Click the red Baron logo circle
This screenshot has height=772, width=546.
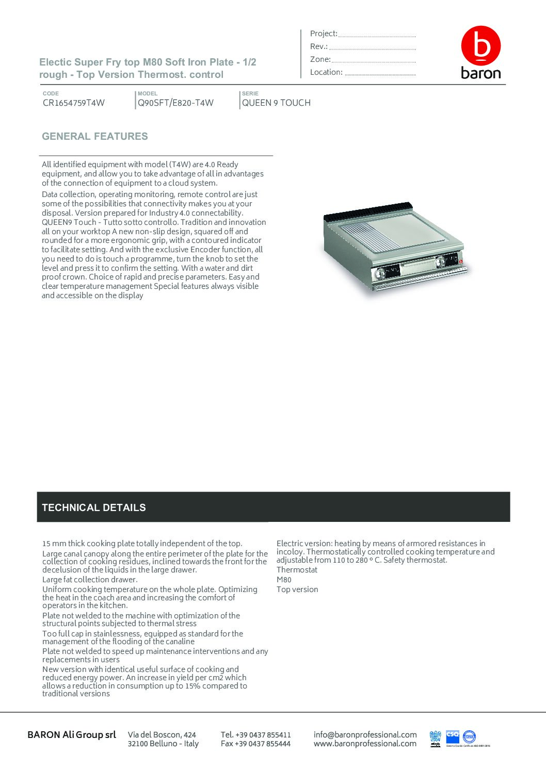tap(480, 45)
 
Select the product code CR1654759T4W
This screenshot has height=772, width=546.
tap(74, 103)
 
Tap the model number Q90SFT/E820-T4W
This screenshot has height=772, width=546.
tap(175, 103)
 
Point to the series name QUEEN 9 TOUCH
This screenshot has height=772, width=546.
tap(276, 103)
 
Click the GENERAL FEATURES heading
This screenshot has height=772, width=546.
tap(95, 137)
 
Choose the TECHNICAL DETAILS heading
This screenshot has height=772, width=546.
tap(94, 507)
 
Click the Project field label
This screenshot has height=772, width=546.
tap(324, 34)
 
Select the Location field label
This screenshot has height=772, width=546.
tap(326, 72)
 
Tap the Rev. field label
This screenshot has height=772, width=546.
tap(319, 46)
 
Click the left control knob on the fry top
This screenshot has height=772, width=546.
tap(380, 272)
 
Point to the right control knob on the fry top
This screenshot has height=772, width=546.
tap(440, 261)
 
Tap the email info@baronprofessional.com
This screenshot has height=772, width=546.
tap(365, 734)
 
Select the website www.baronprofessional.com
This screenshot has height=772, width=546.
tap(365, 744)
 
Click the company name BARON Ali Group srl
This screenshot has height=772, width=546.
tap(72, 735)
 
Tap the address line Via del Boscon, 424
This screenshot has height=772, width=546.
tap(162, 734)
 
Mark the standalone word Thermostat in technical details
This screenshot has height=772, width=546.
tap(297, 570)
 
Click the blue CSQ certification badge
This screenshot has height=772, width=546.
tap(452, 736)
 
